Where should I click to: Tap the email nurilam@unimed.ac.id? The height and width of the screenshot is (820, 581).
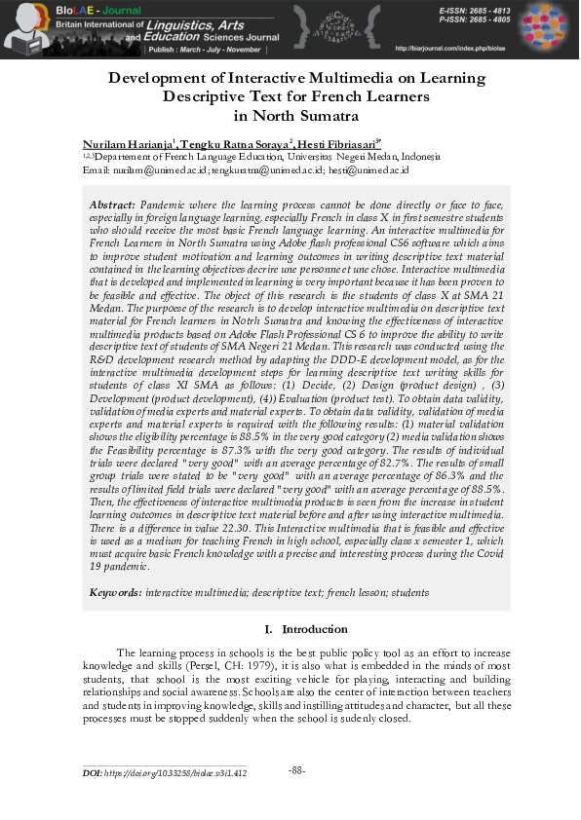pyautogui.click(x=160, y=169)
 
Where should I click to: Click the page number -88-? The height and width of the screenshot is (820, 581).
pyautogui.click(x=297, y=770)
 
